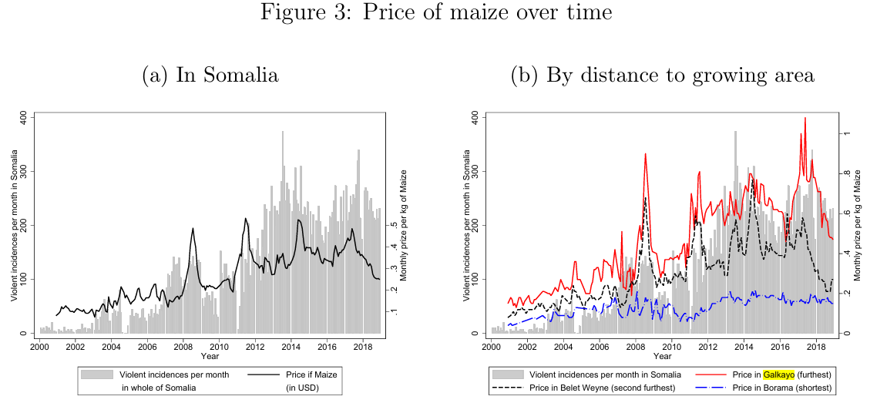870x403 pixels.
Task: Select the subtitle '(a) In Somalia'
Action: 210,75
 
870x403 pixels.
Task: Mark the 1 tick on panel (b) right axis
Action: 846,133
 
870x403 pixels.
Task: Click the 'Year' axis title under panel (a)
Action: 210,356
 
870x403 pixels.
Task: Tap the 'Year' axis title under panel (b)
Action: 662,356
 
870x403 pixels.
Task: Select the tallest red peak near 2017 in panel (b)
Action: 805,118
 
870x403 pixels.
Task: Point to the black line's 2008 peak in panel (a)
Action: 193,228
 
